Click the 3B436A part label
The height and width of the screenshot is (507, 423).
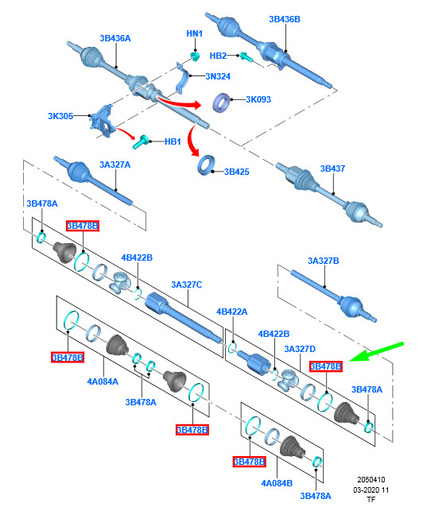click(x=115, y=38)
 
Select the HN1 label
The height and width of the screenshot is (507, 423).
click(x=195, y=33)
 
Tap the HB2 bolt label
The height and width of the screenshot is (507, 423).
click(x=218, y=56)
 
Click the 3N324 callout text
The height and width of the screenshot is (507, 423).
click(x=218, y=76)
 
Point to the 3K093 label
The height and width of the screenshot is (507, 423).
click(x=258, y=99)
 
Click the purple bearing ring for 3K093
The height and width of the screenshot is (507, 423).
click(x=222, y=103)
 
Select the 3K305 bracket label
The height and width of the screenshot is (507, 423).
click(x=60, y=116)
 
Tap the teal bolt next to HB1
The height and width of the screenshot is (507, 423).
click(x=141, y=142)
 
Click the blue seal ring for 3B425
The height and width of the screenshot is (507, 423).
click(x=206, y=165)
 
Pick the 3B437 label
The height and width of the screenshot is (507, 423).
click(x=332, y=168)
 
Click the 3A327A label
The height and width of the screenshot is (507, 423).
click(x=114, y=164)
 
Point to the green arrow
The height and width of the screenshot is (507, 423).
click(x=376, y=352)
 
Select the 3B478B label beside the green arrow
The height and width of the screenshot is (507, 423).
click(x=325, y=366)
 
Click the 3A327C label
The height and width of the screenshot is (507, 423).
click(x=186, y=284)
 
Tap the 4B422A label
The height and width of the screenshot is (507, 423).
click(x=231, y=312)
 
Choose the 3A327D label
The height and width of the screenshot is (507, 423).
click(x=300, y=349)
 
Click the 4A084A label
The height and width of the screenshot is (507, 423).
click(x=103, y=381)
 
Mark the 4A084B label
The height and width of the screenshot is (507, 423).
click(x=277, y=483)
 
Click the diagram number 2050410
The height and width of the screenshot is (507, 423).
click(x=371, y=480)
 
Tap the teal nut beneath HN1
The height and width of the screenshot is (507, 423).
click(x=195, y=56)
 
